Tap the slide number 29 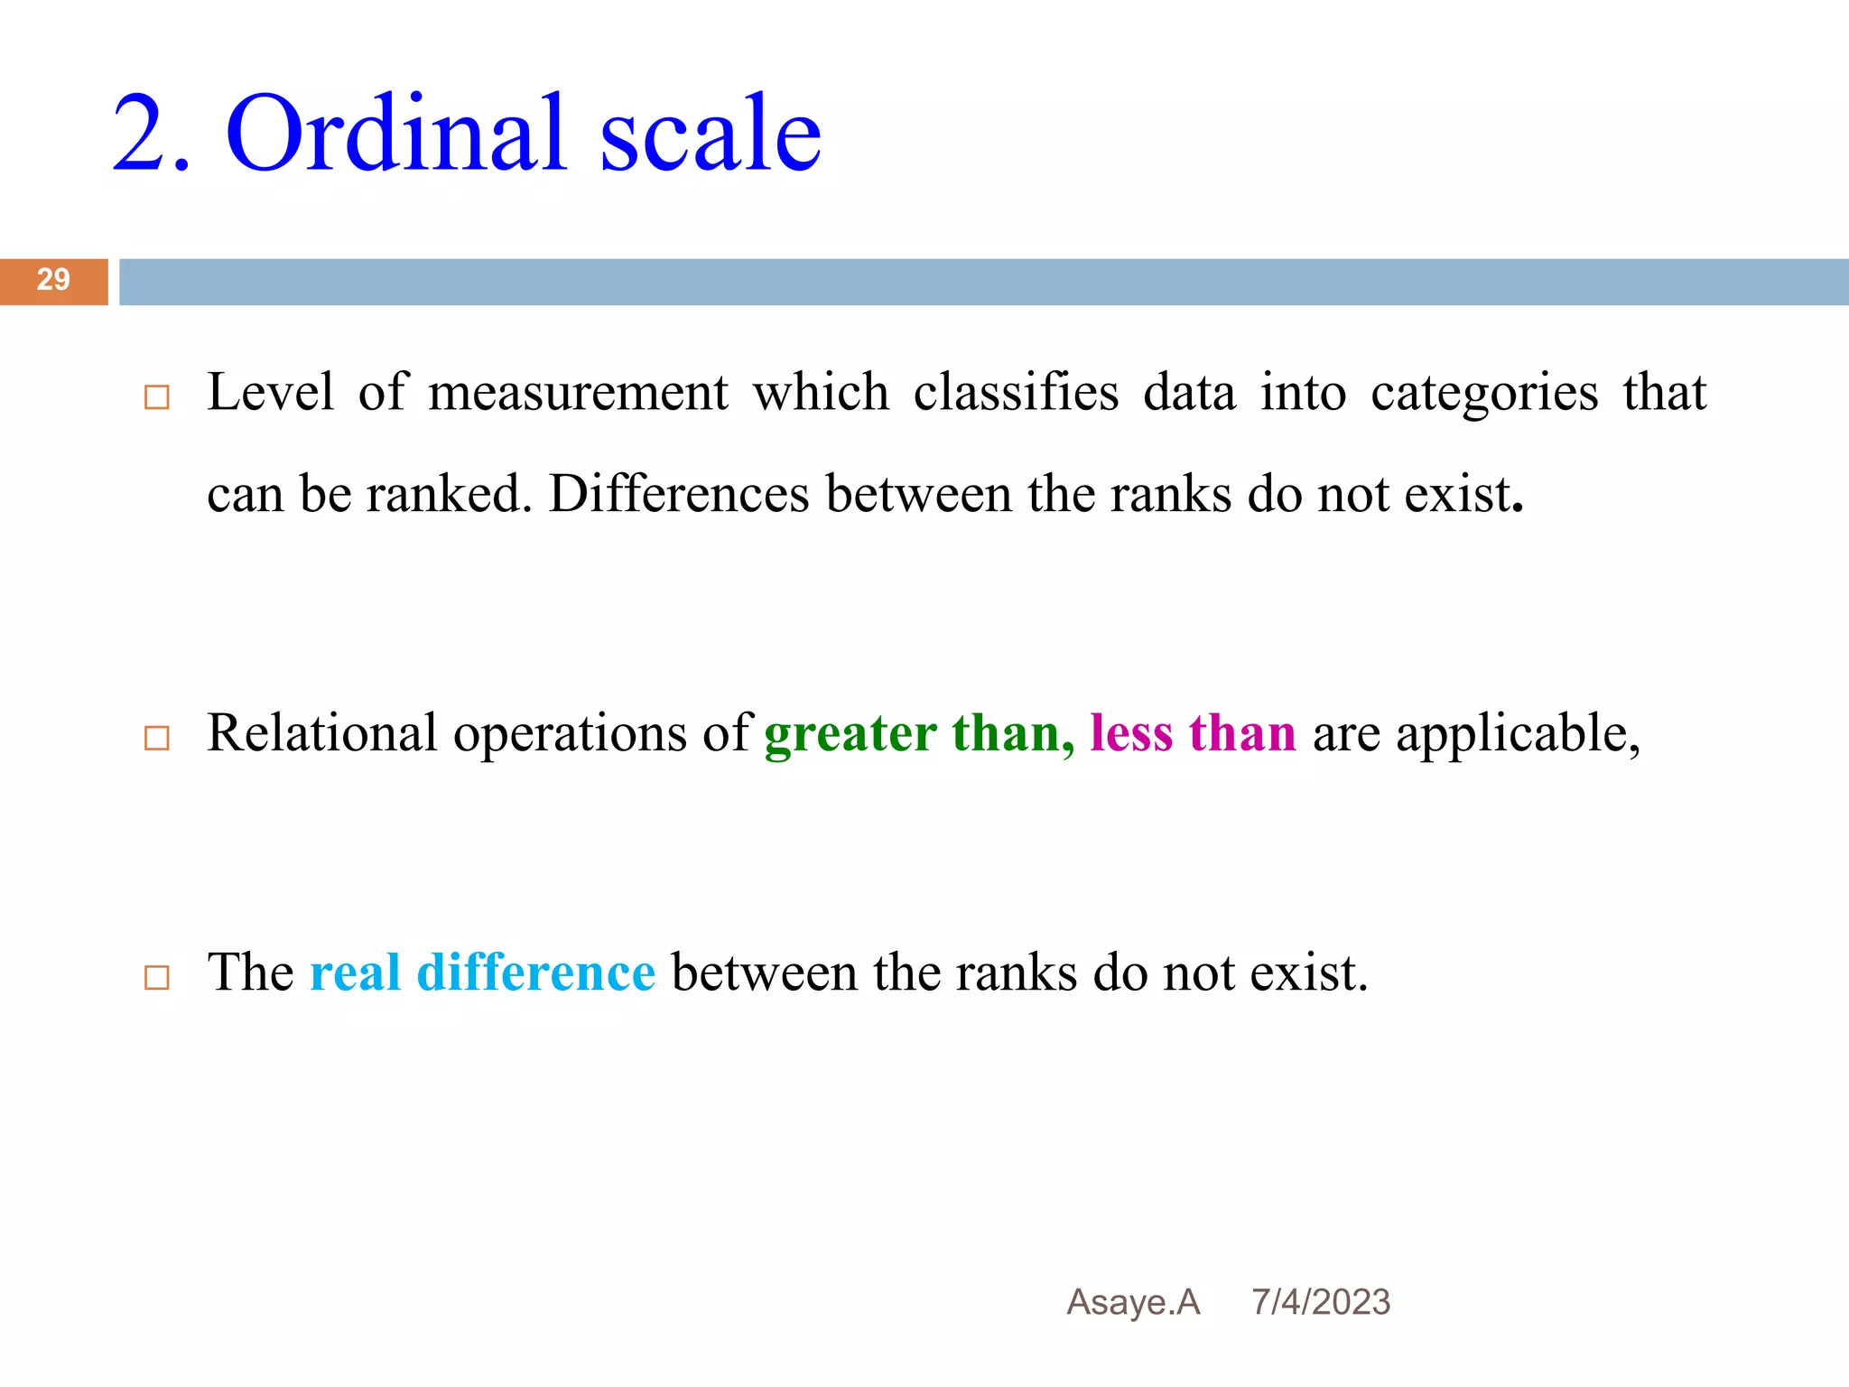[x=53, y=280]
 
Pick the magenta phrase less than [x=1192, y=732]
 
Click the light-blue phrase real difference [x=482, y=973]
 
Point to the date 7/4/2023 [x=1320, y=1302]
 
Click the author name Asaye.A [x=1133, y=1302]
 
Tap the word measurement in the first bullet [x=578, y=394]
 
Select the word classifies [x=1016, y=394]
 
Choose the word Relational [x=322, y=732]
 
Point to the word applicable [x=1517, y=734]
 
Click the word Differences [x=679, y=495]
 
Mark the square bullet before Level [x=157, y=397]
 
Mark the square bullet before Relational [x=157, y=739]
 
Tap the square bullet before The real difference [x=157, y=978]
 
